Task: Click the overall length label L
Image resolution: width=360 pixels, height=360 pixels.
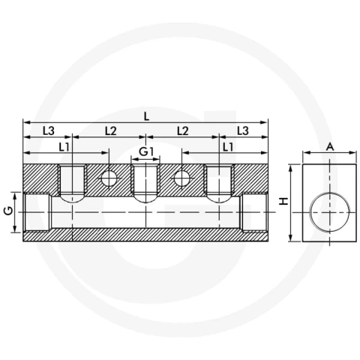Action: [147, 116]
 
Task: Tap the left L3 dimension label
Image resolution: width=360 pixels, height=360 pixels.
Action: [48, 130]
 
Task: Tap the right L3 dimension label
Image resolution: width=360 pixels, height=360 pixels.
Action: [242, 130]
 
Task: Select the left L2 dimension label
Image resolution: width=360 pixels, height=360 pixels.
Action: [111, 130]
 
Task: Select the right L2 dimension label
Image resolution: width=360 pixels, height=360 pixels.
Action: [183, 130]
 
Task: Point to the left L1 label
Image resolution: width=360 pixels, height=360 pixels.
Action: [64, 147]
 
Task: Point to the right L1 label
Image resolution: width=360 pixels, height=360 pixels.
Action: [228, 147]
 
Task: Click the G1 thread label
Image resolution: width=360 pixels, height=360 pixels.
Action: [145, 151]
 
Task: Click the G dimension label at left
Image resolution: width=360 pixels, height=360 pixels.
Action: [9, 211]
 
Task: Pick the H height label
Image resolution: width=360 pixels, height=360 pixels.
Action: [283, 201]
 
